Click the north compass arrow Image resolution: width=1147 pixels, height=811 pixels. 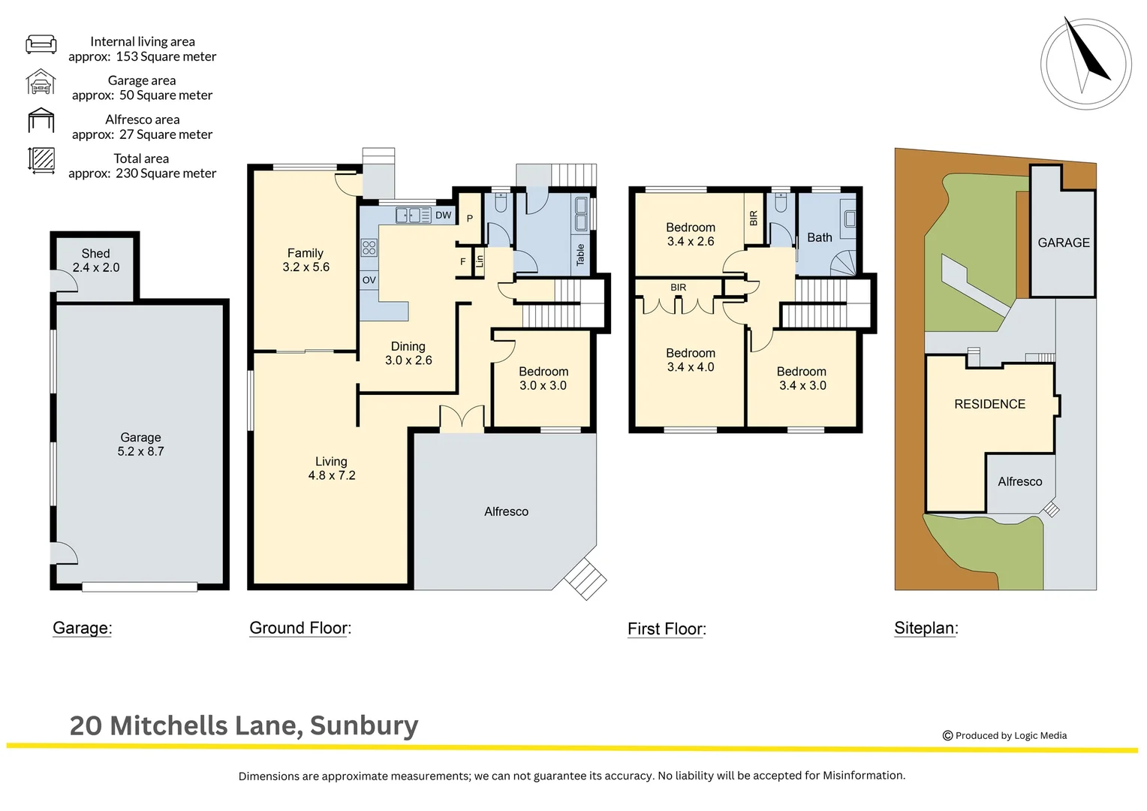1086,53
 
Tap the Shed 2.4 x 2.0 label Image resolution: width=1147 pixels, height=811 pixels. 96,261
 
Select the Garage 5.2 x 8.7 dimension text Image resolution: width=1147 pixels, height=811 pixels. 140,451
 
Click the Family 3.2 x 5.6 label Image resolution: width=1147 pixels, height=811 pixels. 306,260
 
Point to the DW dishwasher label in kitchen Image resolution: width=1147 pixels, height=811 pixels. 444,216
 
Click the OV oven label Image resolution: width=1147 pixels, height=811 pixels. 369,280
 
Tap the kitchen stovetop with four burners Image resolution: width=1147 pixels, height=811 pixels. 369,248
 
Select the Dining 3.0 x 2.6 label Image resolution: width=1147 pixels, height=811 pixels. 408,353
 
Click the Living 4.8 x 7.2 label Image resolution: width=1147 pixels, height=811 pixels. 331,469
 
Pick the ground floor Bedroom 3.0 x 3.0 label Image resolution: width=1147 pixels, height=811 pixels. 543,378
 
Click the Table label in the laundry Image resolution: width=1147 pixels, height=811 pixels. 580,255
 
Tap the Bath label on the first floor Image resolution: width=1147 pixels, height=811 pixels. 819,237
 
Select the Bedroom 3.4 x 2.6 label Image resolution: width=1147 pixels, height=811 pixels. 690,234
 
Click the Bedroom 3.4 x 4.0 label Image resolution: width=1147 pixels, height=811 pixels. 690,360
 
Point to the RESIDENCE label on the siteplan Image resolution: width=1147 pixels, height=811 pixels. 989,404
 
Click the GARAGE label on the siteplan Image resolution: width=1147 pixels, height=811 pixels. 1063,243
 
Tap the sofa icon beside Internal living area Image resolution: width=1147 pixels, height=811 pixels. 41,44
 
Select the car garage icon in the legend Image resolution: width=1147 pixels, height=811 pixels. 41,82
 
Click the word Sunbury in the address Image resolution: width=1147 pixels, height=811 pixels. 364,725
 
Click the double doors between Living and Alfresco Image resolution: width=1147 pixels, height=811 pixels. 462,419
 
